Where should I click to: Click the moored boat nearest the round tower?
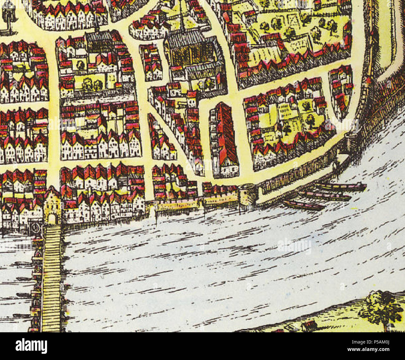[304, 205]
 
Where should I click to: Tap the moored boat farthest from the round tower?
[341, 187]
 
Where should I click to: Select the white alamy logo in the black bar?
[31, 346]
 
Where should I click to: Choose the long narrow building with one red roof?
[224, 140]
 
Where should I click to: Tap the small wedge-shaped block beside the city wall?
[341, 90]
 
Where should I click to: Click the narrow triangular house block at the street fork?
[160, 140]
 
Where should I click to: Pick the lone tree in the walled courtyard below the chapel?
[80, 65]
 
